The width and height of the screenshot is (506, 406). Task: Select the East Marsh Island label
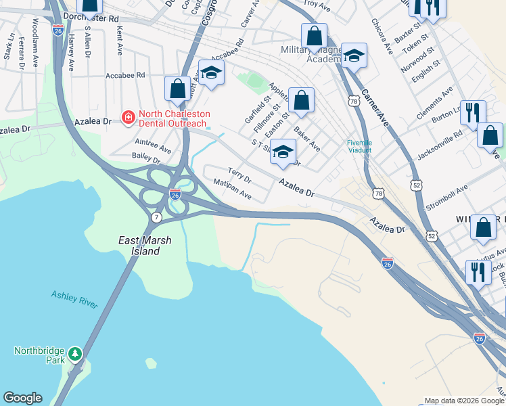point(139,246)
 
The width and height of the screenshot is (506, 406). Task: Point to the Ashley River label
point(74,298)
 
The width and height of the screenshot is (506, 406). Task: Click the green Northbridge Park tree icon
point(75,353)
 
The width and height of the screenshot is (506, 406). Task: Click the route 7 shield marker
point(156,217)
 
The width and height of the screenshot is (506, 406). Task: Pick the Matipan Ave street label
point(232,189)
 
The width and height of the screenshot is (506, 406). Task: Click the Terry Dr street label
point(239,176)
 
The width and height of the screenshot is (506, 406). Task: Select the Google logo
point(22,398)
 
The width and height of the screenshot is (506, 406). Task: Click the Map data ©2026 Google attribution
point(463,401)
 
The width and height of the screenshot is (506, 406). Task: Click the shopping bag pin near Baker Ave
point(301,100)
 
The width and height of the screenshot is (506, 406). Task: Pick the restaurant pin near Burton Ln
point(473,113)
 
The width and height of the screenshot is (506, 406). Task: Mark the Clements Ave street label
point(434,104)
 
